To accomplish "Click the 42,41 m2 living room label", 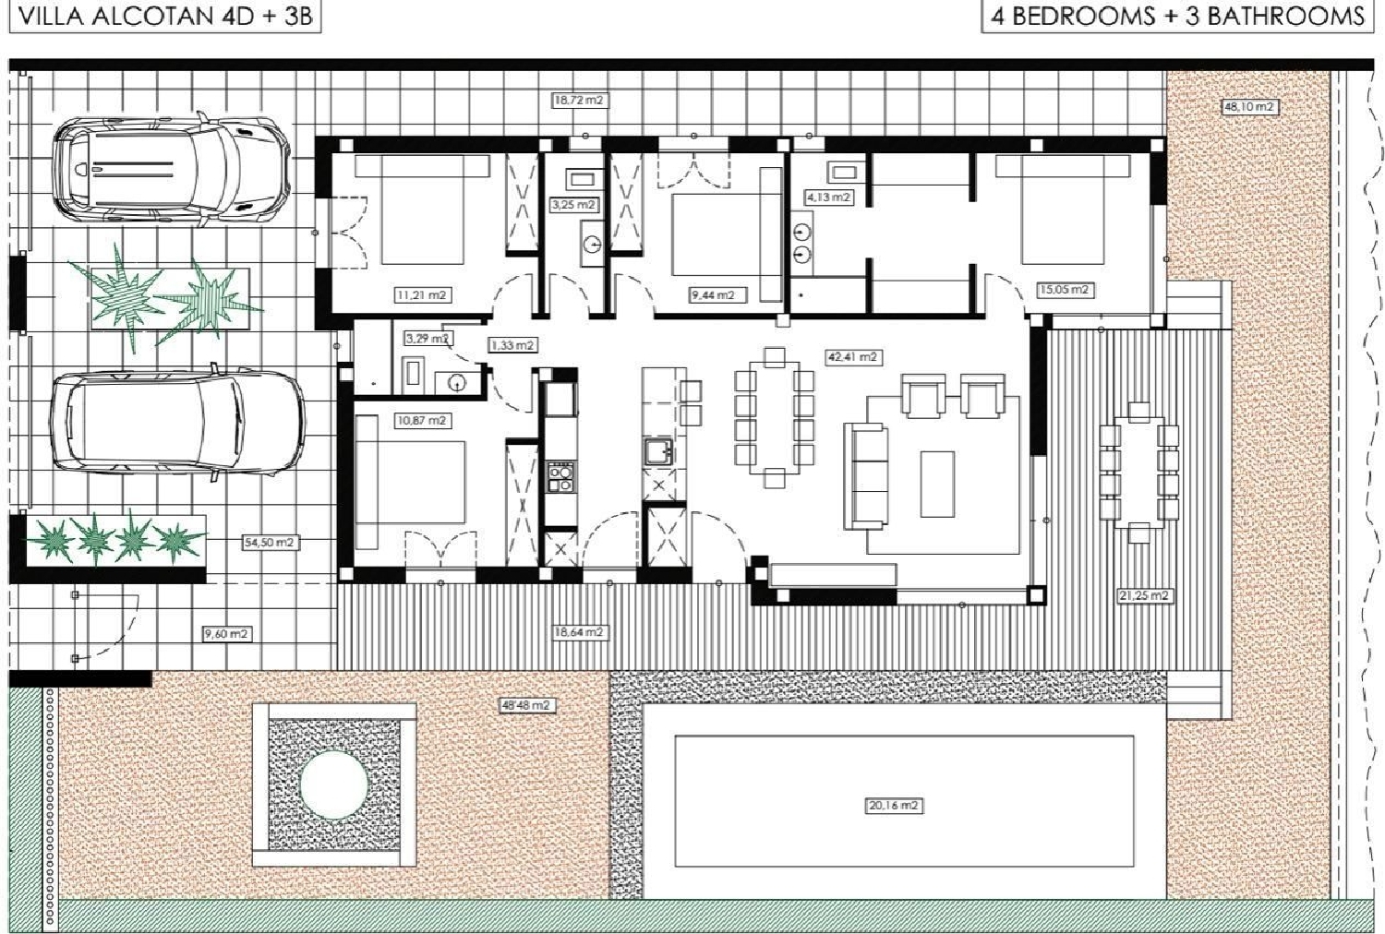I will (x=852, y=356).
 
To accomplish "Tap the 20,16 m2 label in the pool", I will (x=894, y=806).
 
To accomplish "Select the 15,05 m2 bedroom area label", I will (x=1065, y=290).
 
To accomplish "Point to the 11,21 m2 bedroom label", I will (x=421, y=295).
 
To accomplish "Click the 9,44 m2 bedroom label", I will (x=712, y=295).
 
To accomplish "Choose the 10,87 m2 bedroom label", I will (x=421, y=420).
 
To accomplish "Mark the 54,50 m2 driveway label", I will (x=269, y=543).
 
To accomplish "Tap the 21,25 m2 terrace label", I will (x=1145, y=596).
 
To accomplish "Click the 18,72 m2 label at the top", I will (x=581, y=100).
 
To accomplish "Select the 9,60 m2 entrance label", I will (x=227, y=634).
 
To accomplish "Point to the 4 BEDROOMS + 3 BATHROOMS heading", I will (x=1176, y=16).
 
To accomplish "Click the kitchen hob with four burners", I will (x=560, y=478).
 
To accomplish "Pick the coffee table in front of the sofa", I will (x=937, y=484).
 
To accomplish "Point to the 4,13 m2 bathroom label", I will (x=827, y=198).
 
